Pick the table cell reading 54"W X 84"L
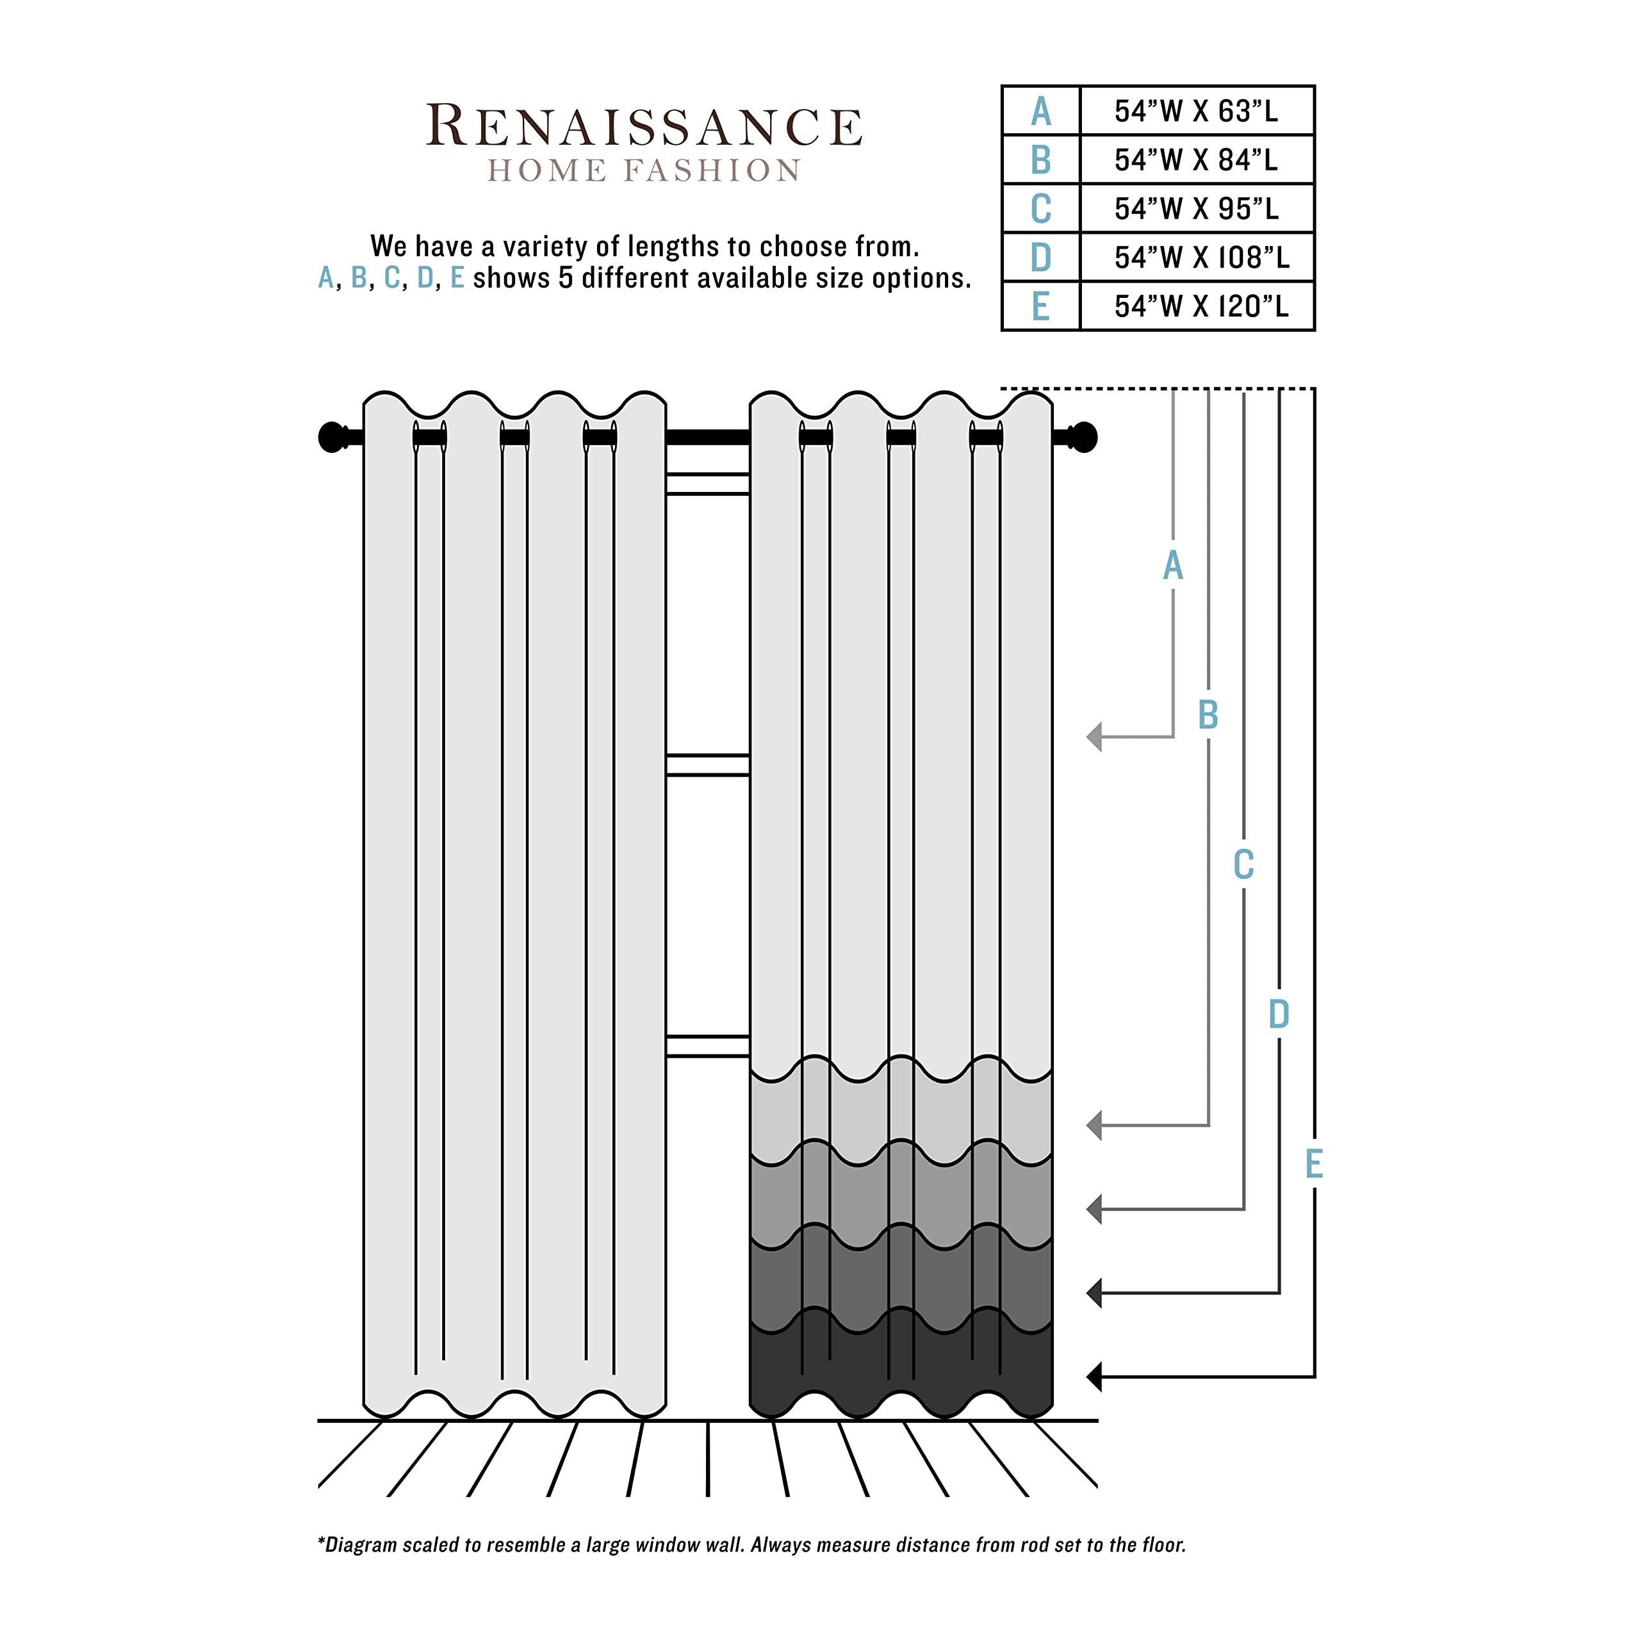point(1195,160)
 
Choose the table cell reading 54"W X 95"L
point(1195,209)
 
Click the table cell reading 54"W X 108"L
point(1201,257)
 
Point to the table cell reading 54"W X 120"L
point(1201,306)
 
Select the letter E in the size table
point(1041,306)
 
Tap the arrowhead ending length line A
point(1095,737)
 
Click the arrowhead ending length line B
point(1095,1126)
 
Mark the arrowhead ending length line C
point(1095,1209)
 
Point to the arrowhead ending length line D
point(1095,1293)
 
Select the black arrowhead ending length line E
point(1095,1377)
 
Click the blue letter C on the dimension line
point(1243,865)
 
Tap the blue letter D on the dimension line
point(1279,1013)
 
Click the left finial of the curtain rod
point(332,437)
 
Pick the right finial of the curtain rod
point(1083,437)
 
